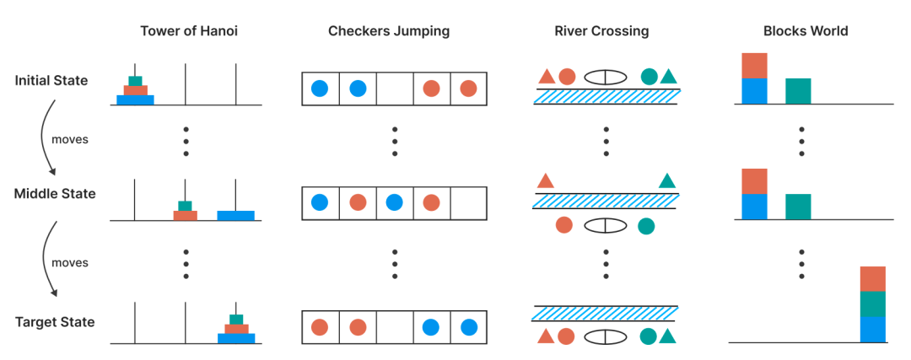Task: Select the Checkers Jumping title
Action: (x=389, y=31)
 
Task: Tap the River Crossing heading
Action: (x=601, y=31)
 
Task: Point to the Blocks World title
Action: (x=806, y=31)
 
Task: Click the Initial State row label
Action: (x=51, y=80)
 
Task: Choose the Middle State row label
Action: (x=55, y=194)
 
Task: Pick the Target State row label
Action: (x=55, y=322)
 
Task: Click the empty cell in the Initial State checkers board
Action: (x=395, y=89)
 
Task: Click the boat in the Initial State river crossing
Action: (x=606, y=77)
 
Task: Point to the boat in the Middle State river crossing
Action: (x=606, y=226)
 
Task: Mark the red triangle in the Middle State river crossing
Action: (x=546, y=180)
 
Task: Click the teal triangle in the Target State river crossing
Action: (x=668, y=336)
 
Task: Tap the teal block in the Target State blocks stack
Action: (x=873, y=304)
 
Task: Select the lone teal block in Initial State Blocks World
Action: (x=798, y=91)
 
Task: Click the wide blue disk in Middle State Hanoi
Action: (x=235, y=216)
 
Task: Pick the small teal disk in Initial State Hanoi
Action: (x=135, y=81)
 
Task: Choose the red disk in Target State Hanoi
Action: (x=236, y=329)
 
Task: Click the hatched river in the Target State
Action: (x=606, y=314)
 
